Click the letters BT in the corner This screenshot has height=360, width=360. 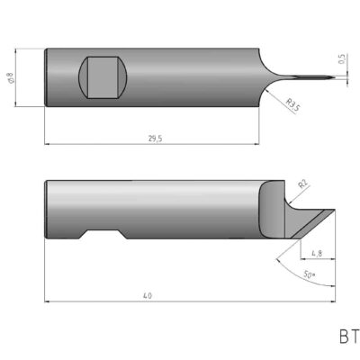tap(348, 337)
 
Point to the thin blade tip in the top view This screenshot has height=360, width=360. tap(315, 78)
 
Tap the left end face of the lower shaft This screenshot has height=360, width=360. tap(48, 210)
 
